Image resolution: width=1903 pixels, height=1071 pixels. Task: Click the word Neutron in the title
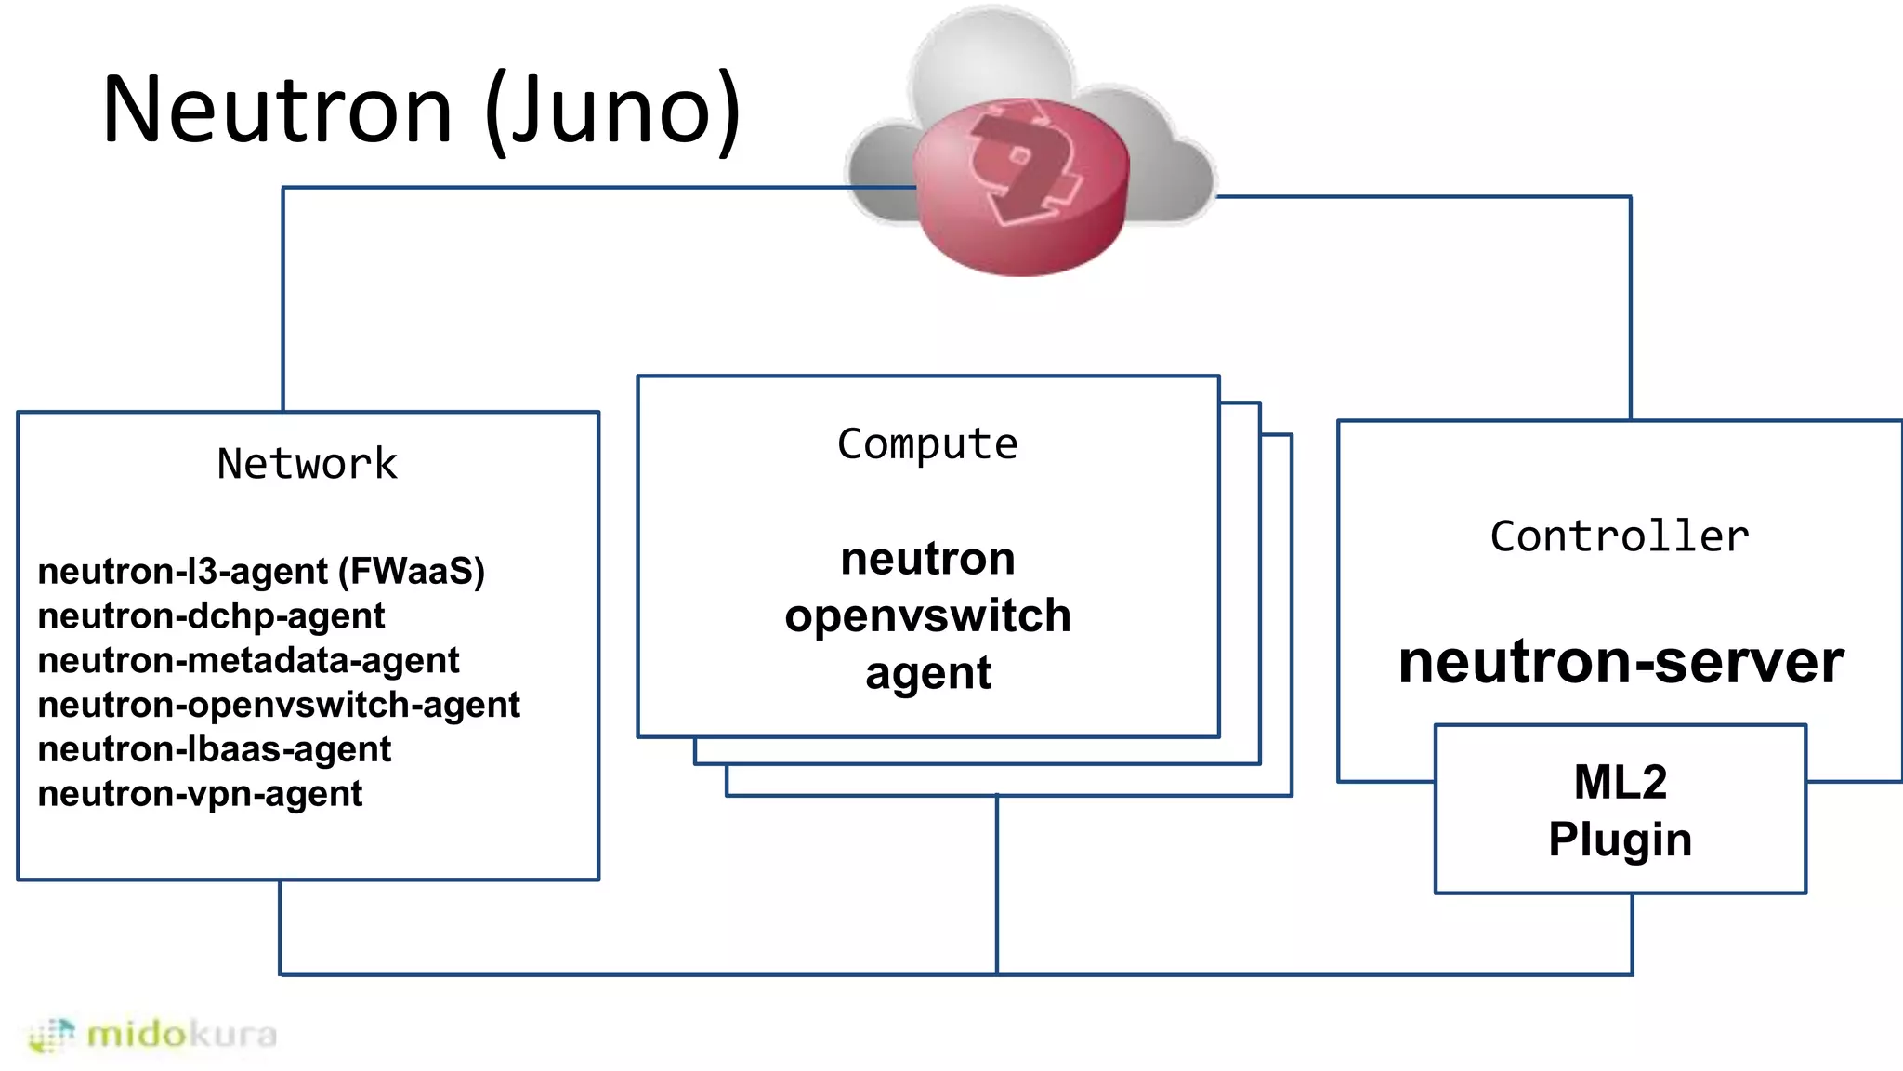click(x=277, y=110)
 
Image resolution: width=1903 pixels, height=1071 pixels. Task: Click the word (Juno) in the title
click(x=613, y=110)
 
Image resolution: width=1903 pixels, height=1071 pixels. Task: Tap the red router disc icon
click(x=1020, y=186)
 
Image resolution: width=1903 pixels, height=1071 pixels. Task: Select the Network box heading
click(x=307, y=463)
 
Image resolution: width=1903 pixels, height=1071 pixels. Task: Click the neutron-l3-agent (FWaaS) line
click(x=261, y=571)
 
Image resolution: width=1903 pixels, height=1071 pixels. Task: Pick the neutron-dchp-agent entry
click(x=211, y=615)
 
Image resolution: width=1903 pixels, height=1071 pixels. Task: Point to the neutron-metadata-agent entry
click(x=248, y=660)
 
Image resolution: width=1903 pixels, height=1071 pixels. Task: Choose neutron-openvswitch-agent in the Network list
click(x=279, y=705)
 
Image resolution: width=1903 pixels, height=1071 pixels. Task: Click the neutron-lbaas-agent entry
click(x=214, y=749)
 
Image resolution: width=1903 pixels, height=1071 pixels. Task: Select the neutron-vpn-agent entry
click(x=200, y=794)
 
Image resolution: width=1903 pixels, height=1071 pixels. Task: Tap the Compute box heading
click(x=927, y=443)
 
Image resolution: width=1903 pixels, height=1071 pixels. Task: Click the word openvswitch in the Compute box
click(x=927, y=615)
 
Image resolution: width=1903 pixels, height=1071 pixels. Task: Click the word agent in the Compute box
click(x=927, y=673)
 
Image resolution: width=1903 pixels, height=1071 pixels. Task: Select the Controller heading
click(x=1620, y=536)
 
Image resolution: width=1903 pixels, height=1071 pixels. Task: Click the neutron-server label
click(x=1621, y=662)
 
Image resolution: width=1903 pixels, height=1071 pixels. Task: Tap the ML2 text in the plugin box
click(x=1620, y=782)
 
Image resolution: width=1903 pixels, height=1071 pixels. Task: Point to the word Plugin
click(x=1620, y=840)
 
